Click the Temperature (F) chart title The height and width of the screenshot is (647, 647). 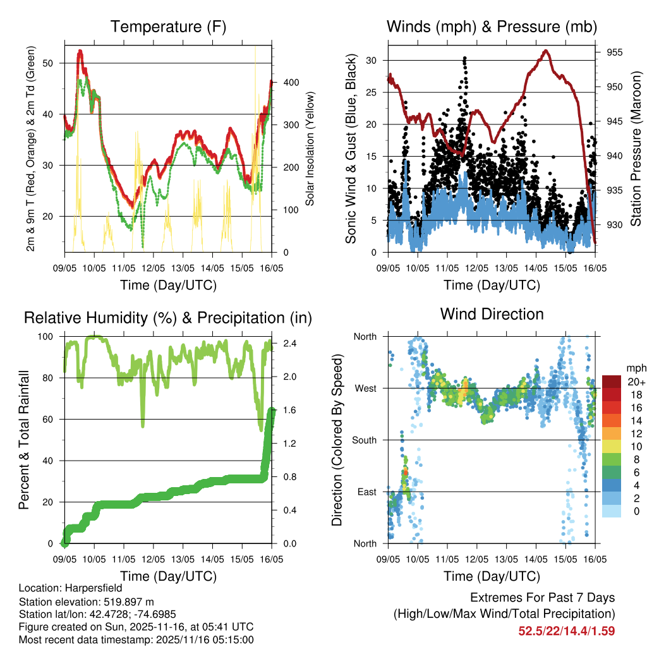click(168, 27)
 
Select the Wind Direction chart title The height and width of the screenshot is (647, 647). click(492, 314)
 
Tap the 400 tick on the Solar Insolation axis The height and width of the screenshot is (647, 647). click(284, 83)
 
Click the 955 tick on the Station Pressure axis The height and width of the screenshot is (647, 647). click(615, 52)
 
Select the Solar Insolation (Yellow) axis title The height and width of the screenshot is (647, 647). click(310, 149)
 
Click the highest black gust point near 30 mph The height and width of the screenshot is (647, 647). click(464, 57)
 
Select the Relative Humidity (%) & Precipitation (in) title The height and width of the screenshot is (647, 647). click(168, 318)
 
